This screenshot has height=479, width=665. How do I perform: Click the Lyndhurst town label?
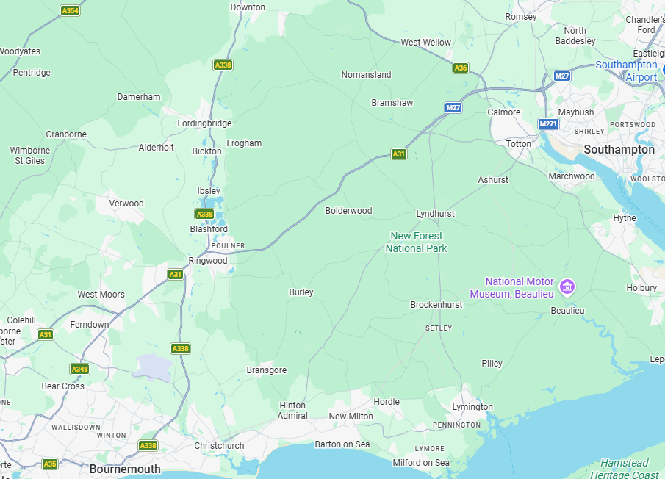point(435,214)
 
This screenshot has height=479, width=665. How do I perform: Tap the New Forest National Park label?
point(416,242)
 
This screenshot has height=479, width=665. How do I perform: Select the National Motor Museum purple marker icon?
point(567,287)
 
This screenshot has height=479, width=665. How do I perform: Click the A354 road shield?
point(70,11)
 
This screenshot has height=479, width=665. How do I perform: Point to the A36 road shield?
point(461,68)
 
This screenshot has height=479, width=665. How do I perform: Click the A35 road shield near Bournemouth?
point(49,464)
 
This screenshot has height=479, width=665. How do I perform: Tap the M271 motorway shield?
point(548,124)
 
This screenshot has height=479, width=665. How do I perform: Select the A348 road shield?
point(79,369)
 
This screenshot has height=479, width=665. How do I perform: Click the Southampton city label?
point(619,149)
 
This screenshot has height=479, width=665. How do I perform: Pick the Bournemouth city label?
point(125,469)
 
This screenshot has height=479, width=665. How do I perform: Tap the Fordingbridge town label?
point(204,123)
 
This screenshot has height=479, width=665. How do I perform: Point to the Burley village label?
point(301,292)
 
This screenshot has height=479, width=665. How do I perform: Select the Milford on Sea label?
point(421,463)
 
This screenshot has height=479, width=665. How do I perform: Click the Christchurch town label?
point(219,446)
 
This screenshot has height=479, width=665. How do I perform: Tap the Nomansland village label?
point(366,75)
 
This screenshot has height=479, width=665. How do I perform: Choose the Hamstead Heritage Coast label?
point(625,469)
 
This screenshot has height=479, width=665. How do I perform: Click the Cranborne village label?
point(66,134)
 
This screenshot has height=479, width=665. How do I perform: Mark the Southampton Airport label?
point(626,71)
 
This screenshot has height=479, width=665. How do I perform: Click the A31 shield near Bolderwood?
point(398,154)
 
